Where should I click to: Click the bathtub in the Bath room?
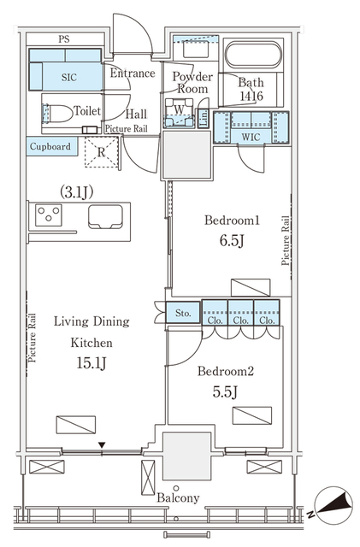click(x=253, y=56)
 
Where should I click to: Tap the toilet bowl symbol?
click(x=56, y=114)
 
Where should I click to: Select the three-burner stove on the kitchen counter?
click(x=49, y=215)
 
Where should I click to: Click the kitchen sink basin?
click(x=105, y=216)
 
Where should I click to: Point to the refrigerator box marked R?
click(x=102, y=152)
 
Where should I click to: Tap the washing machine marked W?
click(x=179, y=112)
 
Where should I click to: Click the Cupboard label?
click(x=50, y=146)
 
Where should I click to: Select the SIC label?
click(x=69, y=77)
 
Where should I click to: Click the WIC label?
click(x=251, y=137)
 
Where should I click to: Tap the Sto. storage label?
click(x=183, y=313)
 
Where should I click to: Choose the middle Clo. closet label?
click(x=241, y=321)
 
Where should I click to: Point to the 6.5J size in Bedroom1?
click(x=232, y=240)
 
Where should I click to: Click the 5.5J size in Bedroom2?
click(x=225, y=392)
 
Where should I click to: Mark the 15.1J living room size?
click(x=91, y=363)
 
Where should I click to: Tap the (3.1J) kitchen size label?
click(x=76, y=191)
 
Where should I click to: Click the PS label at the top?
click(x=64, y=39)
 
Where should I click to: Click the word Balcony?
click(x=178, y=497)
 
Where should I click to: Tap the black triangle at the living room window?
click(x=102, y=445)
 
